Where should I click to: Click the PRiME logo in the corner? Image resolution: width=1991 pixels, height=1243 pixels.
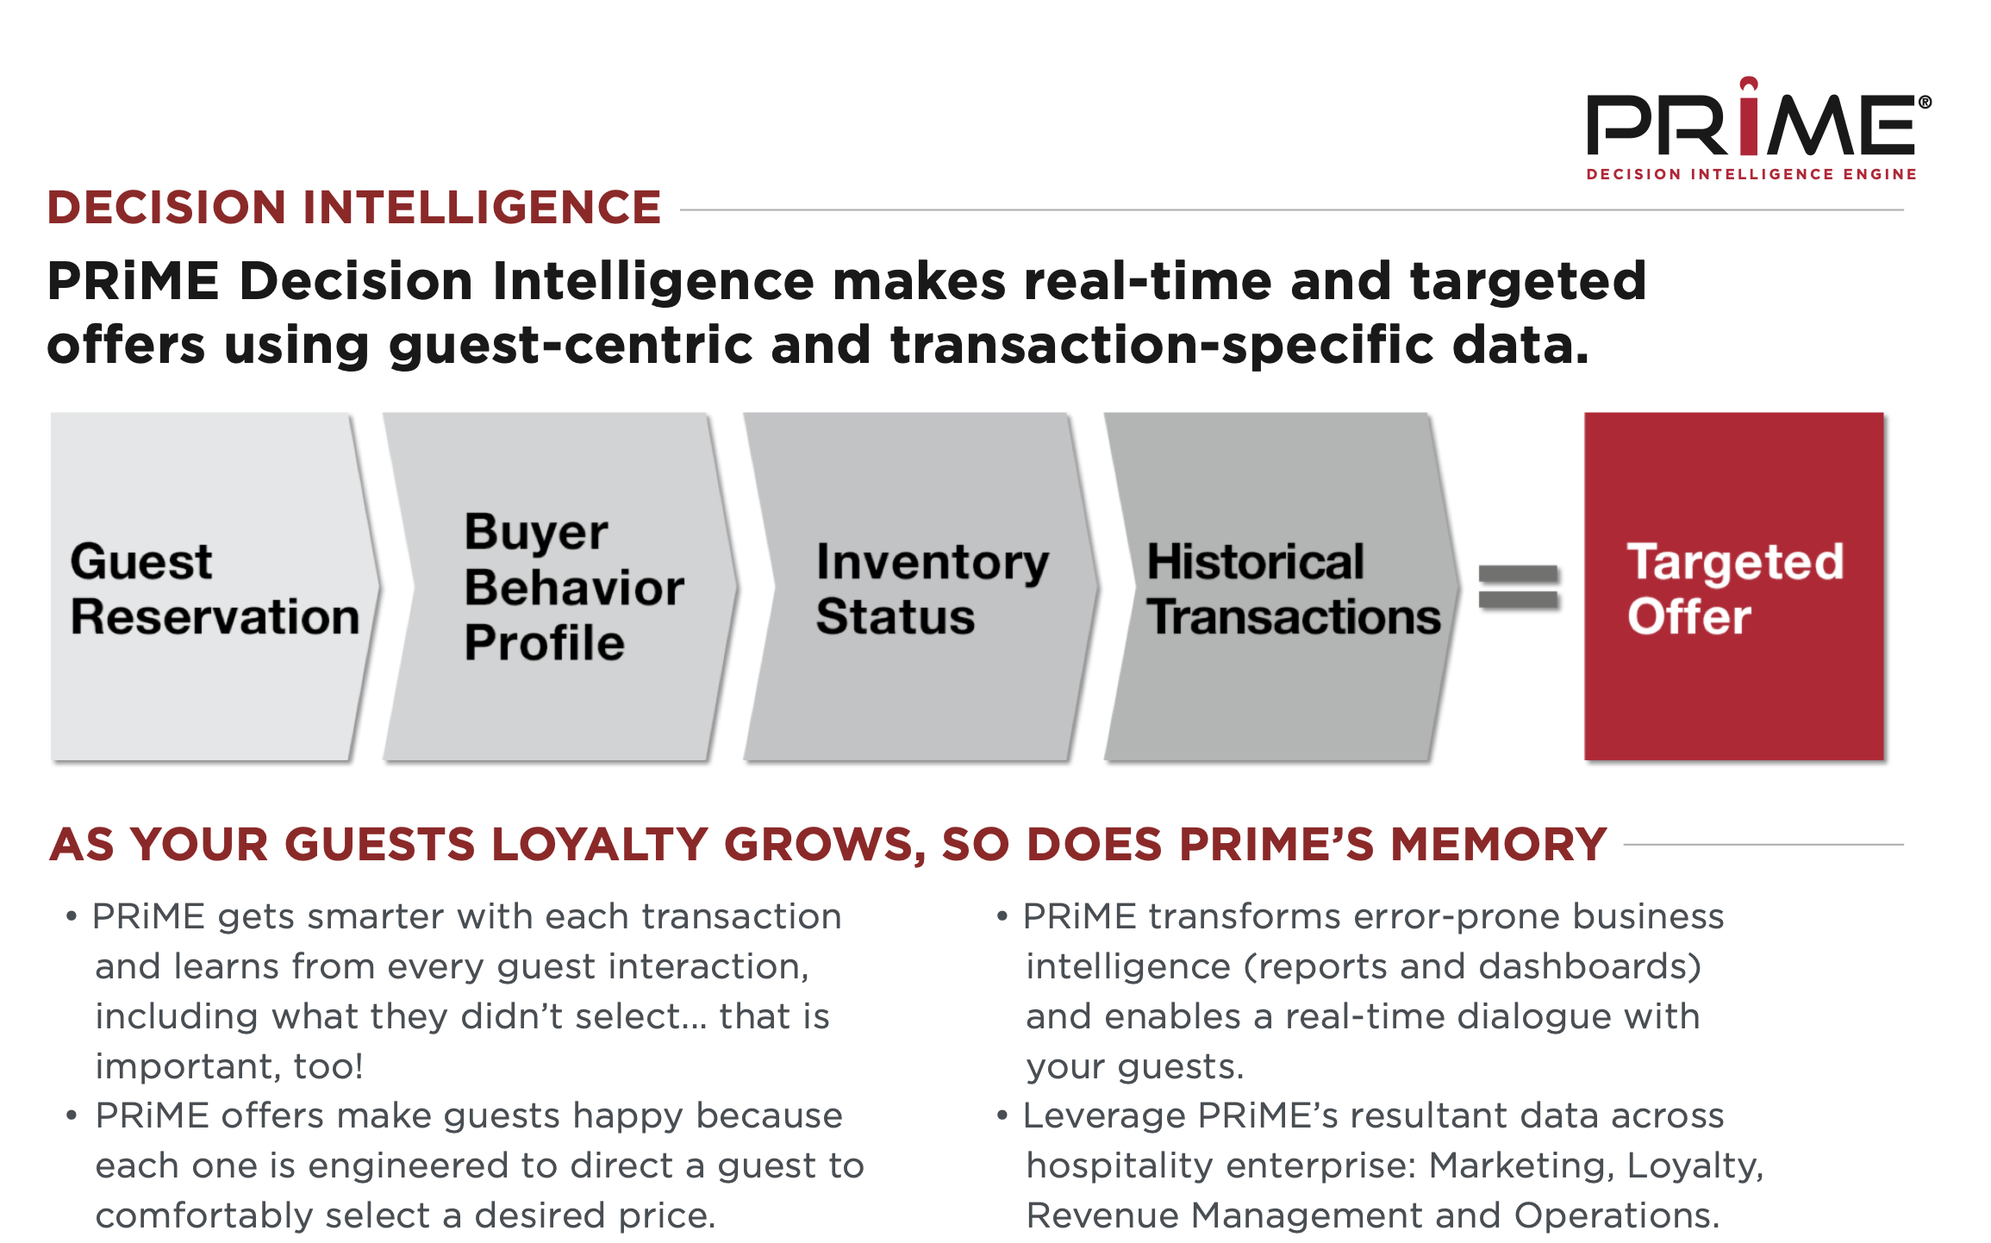tap(1758, 128)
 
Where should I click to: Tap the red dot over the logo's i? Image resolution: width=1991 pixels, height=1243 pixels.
tap(1749, 85)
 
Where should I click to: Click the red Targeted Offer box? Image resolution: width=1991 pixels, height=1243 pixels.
tap(1734, 586)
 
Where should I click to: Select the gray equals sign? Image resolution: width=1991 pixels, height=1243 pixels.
tap(1519, 587)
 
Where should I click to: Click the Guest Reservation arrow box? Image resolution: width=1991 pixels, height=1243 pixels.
tap(214, 586)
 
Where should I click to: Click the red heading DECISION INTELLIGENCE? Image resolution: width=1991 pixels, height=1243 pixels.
tap(354, 208)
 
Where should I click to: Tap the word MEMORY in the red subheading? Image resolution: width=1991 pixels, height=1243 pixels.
tap(1499, 844)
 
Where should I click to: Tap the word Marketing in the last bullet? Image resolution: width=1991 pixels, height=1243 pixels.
tap(1521, 1165)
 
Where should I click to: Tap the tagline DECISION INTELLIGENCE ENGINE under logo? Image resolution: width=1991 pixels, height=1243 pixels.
tap(1751, 174)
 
